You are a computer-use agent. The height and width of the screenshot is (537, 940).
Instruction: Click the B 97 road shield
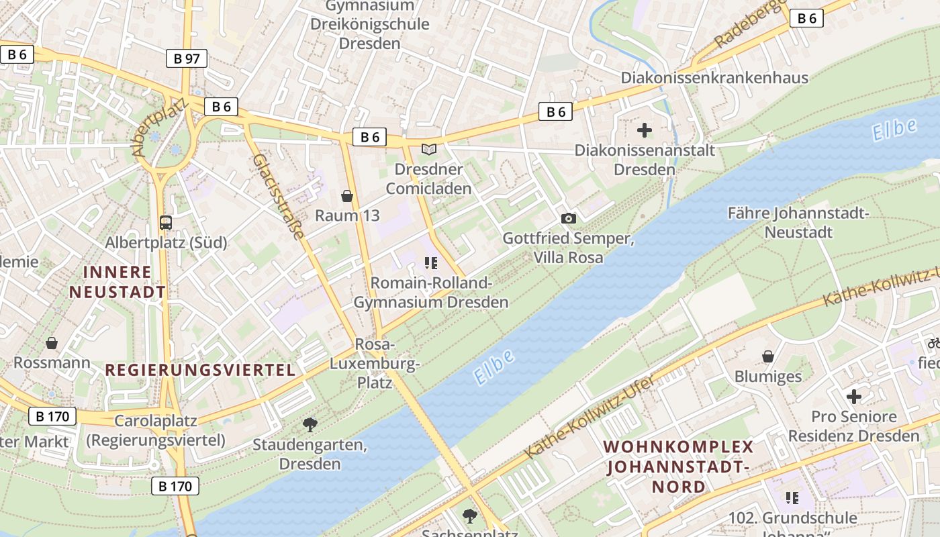[187, 58]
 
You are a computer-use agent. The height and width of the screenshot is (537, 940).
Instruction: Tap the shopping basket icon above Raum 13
[347, 196]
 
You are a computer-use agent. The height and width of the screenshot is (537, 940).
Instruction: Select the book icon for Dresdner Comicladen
[428, 149]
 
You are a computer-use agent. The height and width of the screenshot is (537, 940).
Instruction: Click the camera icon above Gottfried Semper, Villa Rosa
[568, 218]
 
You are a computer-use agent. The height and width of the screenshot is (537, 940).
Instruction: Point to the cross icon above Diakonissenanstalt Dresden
[645, 130]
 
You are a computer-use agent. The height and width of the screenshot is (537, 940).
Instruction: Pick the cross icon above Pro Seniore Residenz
[853, 396]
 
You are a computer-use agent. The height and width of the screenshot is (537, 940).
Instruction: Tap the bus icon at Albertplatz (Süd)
[165, 222]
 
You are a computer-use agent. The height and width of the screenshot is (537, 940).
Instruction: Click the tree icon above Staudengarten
[310, 424]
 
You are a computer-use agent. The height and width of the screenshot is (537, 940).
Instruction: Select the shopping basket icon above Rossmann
[52, 343]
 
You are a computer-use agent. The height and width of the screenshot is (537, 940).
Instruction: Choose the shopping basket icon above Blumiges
[768, 356]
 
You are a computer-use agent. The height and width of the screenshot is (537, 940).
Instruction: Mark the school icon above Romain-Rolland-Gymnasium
[431, 262]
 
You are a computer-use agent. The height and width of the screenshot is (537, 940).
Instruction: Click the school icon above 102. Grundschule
[792, 497]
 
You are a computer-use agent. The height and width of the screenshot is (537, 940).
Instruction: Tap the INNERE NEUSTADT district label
[117, 282]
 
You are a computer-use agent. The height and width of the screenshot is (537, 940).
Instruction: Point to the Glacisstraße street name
[279, 197]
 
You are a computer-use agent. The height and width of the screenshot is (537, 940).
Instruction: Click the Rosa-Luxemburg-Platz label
[375, 363]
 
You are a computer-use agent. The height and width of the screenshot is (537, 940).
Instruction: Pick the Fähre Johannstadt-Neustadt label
[798, 223]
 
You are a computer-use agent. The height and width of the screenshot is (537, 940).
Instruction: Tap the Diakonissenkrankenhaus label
[714, 78]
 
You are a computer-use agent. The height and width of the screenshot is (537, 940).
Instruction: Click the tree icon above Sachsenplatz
[469, 516]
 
